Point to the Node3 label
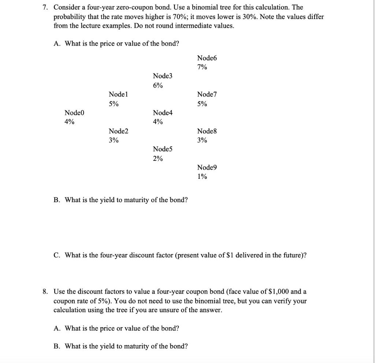coord(162,76)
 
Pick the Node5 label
coord(162,149)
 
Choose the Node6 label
coord(207,58)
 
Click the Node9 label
coord(207,167)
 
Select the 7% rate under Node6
coord(202,67)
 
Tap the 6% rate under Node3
coord(158,86)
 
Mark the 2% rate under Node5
coord(158,159)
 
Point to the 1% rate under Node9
coord(202,177)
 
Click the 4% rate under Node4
coord(158,122)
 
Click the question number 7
coord(46,7)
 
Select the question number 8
coord(46,292)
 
